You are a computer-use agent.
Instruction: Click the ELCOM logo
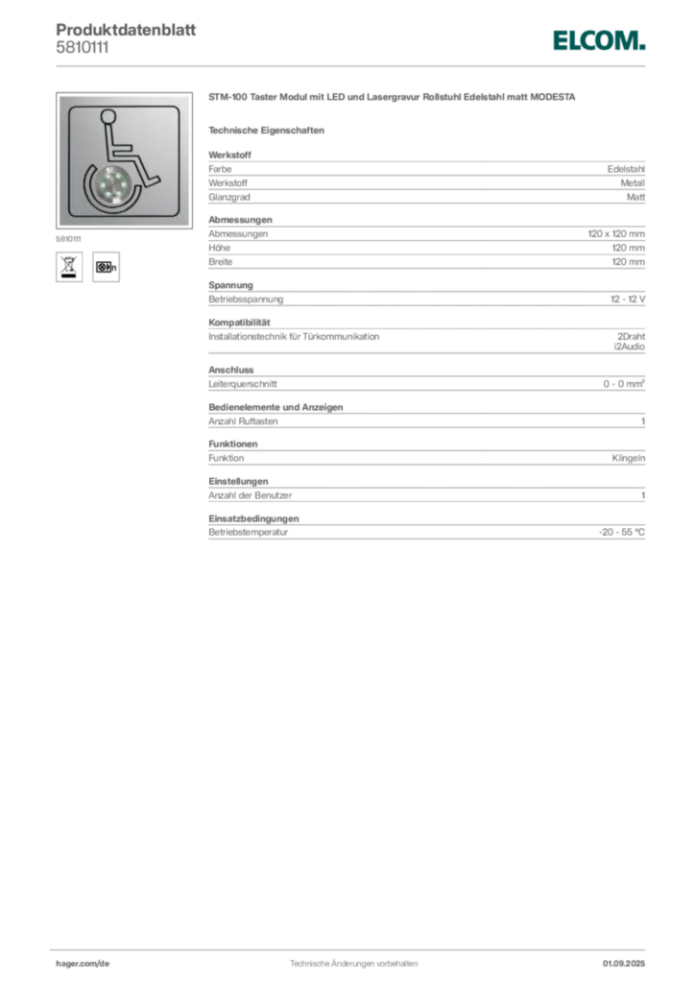pyautogui.click(x=598, y=40)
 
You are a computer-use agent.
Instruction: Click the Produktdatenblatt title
pyautogui.click(x=126, y=30)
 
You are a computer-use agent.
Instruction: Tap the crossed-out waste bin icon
pyautogui.click(x=69, y=267)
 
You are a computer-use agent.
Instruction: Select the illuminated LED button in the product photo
pyautogui.click(x=113, y=184)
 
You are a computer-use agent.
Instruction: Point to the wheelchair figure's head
pyautogui.click(x=108, y=116)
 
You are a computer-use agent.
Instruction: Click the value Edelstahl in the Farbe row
pyautogui.click(x=626, y=169)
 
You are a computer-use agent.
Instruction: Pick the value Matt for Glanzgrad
pyautogui.click(x=635, y=197)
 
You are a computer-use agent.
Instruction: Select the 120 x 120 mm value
pyautogui.click(x=616, y=233)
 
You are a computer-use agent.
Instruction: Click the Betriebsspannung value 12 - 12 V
pyautogui.click(x=627, y=300)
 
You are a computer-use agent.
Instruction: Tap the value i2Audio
pyautogui.click(x=629, y=346)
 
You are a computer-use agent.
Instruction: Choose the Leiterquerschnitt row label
pyautogui.click(x=243, y=384)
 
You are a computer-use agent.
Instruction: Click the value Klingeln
pyautogui.click(x=629, y=458)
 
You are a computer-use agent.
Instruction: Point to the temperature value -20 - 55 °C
pyautogui.click(x=622, y=532)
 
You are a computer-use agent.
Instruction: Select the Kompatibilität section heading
pyautogui.click(x=239, y=323)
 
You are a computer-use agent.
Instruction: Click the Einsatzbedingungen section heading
pyautogui.click(x=253, y=518)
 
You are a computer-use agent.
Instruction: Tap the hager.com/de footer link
pyautogui.click(x=83, y=963)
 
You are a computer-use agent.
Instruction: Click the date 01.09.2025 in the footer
pyautogui.click(x=624, y=963)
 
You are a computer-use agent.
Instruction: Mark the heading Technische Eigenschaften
pyautogui.click(x=266, y=131)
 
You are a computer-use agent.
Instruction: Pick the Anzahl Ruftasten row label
pyautogui.click(x=243, y=421)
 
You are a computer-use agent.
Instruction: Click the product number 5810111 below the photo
pyautogui.click(x=68, y=239)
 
